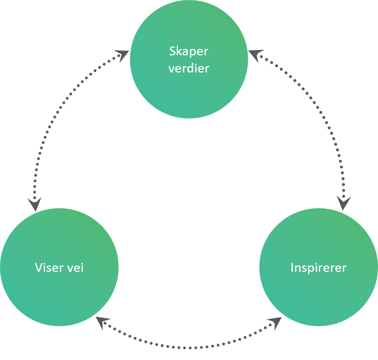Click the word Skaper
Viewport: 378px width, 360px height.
(x=189, y=51)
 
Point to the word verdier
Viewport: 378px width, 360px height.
(x=189, y=68)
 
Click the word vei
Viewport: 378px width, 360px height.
(x=76, y=268)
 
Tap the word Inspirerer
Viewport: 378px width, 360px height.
(x=318, y=268)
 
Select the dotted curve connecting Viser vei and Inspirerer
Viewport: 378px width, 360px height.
(x=189, y=347)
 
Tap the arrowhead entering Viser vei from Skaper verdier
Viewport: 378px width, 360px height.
(x=34, y=204)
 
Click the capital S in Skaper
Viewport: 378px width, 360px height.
(x=172, y=51)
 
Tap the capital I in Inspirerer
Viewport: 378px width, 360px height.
(x=292, y=268)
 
